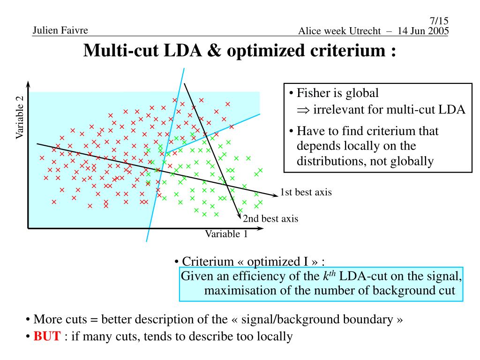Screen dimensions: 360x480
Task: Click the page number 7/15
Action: [x=439, y=21]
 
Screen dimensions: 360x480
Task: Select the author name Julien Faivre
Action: [x=60, y=31]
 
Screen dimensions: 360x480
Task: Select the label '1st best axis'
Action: [x=306, y=192]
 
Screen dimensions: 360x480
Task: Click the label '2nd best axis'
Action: [x=270, y=218]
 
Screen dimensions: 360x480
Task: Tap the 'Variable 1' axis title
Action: [x=226, y=234]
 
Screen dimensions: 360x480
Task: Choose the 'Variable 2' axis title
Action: [x=20, y=117]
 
